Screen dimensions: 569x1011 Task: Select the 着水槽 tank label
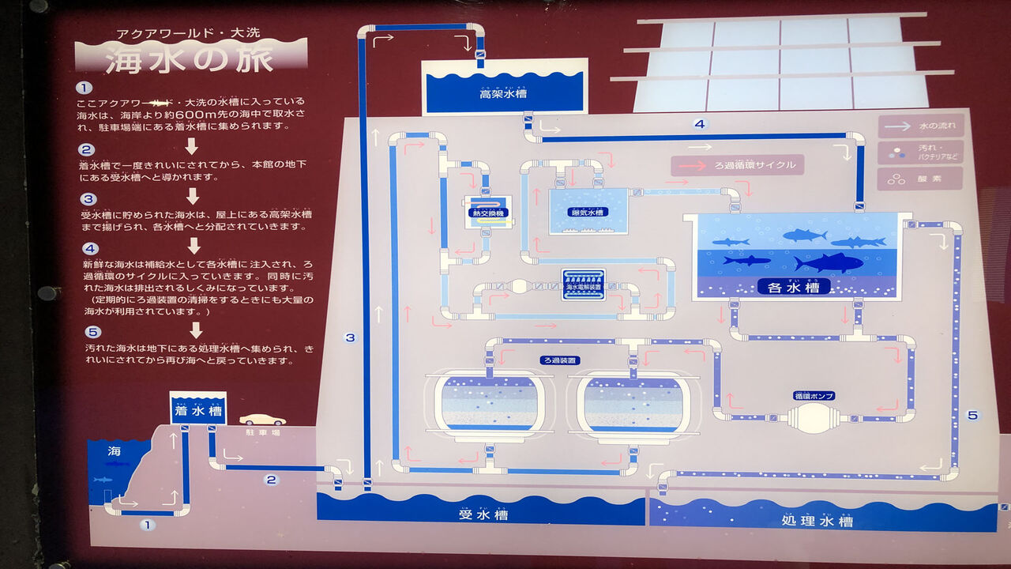click(198, 411)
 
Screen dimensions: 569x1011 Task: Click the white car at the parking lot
click(262, 420)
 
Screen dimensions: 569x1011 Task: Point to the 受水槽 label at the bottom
click(483, 515)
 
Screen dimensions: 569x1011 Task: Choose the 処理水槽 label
click(817, 521)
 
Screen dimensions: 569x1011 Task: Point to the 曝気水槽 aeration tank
click(588, 211)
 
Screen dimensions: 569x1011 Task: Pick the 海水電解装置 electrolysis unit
click(584, 285)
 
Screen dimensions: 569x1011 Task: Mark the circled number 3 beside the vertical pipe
click(350, 337)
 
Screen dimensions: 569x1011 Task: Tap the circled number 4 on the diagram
click(699, 124)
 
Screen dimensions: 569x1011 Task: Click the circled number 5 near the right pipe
click(972, 415)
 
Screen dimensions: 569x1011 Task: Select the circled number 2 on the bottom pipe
click(271, 479)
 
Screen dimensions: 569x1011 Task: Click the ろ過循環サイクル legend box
click(737, 165)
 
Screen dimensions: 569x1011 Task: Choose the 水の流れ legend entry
click(920, 126)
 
